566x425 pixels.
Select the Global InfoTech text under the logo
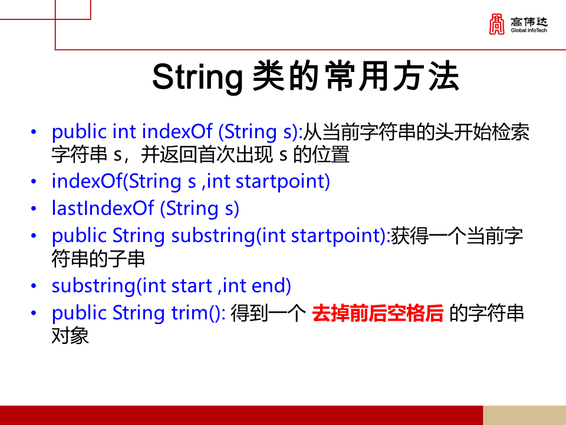[529, 30]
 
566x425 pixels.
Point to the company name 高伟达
[529, 21]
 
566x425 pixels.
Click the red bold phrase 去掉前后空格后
[377, 313]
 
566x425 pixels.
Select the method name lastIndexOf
[103, 208]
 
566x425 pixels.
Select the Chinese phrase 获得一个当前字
[457, 236]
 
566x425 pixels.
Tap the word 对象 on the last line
[70, 336]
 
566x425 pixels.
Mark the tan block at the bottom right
[524, 415]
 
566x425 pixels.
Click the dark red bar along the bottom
[236, 415]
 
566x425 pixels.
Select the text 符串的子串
[98, 259]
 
